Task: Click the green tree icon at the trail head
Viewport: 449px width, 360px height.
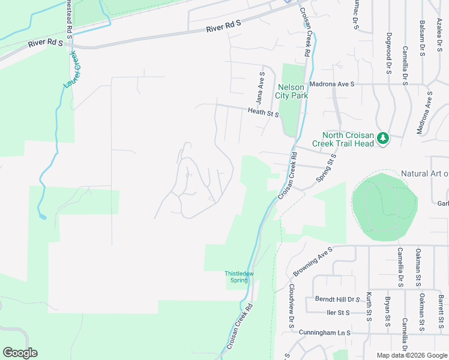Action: [383, 139]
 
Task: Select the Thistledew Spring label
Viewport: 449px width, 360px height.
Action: [240, 277]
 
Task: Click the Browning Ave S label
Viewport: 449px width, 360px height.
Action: [313, 262]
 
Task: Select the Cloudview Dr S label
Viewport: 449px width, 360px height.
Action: [291, 305]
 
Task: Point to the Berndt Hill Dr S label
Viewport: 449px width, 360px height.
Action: [337, 299]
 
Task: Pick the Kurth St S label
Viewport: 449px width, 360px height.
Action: [369, 307]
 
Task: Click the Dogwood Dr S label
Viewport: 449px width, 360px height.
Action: [389, 53]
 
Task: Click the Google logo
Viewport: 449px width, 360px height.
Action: [20, 353]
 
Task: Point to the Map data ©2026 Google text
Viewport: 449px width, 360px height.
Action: [412, 355]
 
